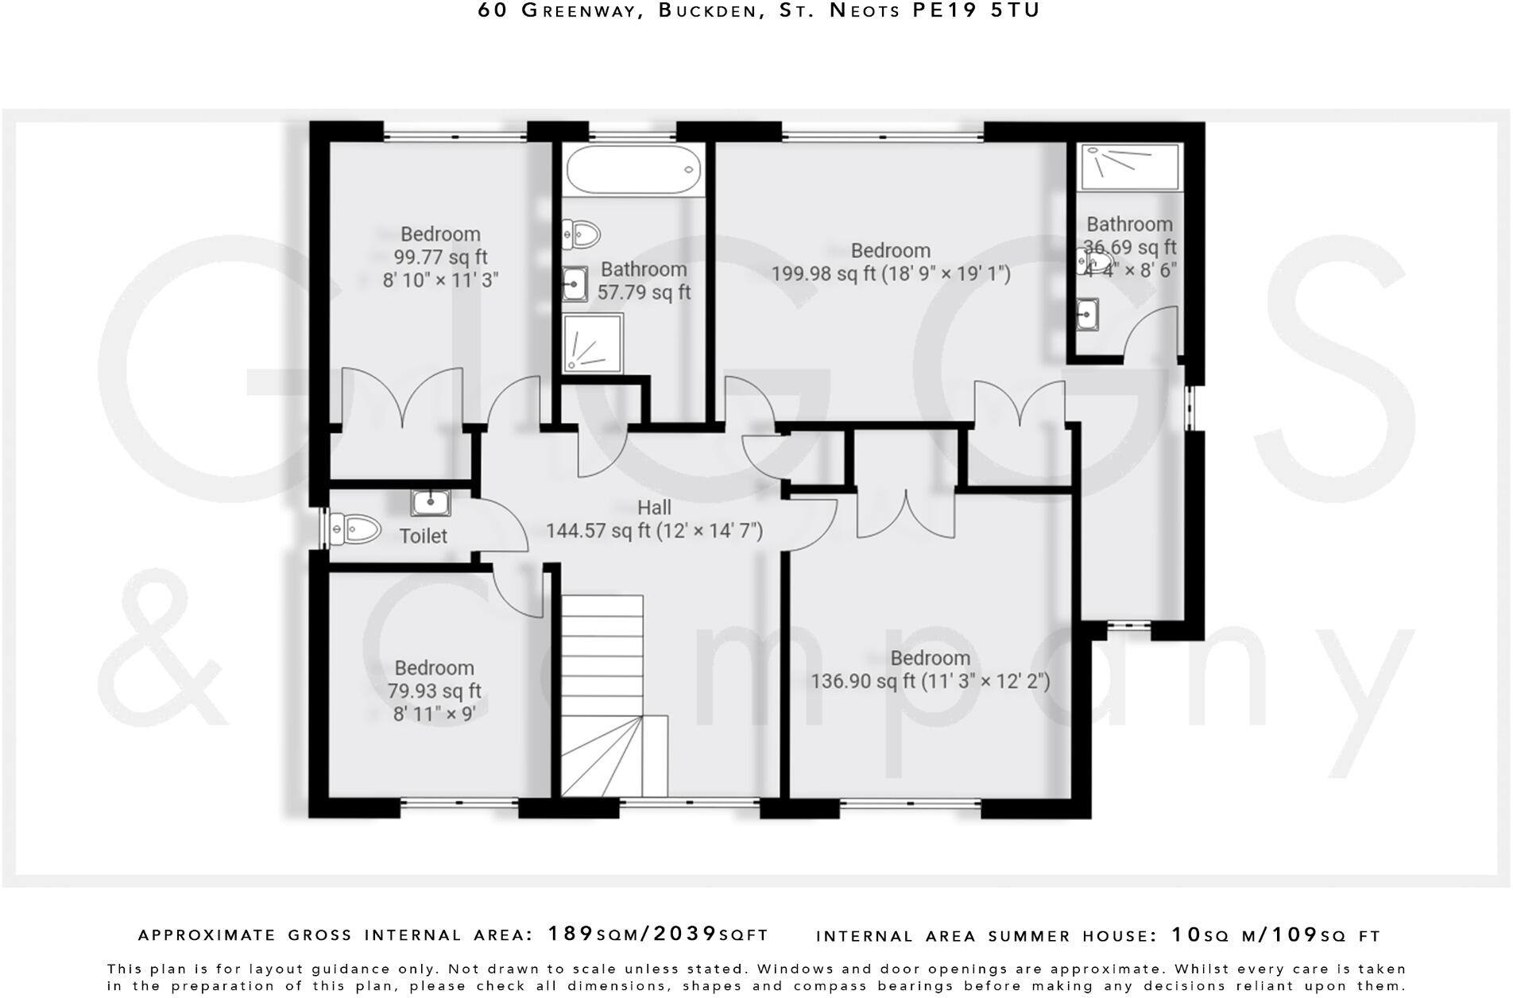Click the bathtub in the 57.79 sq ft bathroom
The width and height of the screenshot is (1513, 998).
633,168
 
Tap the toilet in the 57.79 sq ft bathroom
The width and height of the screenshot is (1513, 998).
582,234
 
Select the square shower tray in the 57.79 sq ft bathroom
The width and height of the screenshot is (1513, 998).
593,342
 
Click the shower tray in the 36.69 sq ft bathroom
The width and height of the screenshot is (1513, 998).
1129,166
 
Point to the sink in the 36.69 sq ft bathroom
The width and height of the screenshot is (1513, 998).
1086,314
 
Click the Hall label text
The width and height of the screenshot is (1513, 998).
654,508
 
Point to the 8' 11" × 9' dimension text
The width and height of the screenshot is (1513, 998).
434,714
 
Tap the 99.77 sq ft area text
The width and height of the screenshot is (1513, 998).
440,257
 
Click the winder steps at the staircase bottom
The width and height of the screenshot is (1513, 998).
612,755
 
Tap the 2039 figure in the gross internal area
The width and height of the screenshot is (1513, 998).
685,934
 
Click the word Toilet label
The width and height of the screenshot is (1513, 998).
423,536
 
